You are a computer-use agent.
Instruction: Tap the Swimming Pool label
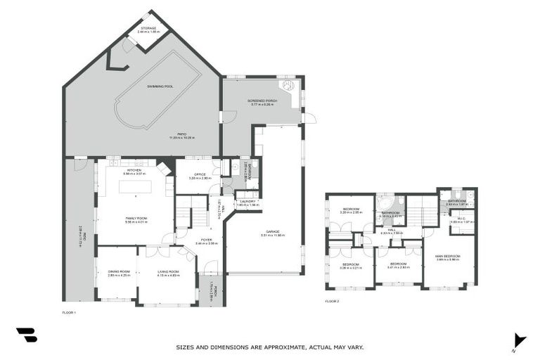click(x=160, y=86)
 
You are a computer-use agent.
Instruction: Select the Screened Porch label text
click(x=262, y=101)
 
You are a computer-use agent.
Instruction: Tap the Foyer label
click(x=207, y=240)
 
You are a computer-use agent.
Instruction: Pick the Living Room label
click(x=168, y=272)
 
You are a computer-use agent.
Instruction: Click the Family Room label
click(x=136, y=219)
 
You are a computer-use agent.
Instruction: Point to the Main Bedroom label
click(x=447, y=257)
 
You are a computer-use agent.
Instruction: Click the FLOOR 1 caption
click(x=69, y=311)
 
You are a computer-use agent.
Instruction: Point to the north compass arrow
click(x=518, y=340)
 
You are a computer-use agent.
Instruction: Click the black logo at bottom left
click(x=26, y=335)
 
